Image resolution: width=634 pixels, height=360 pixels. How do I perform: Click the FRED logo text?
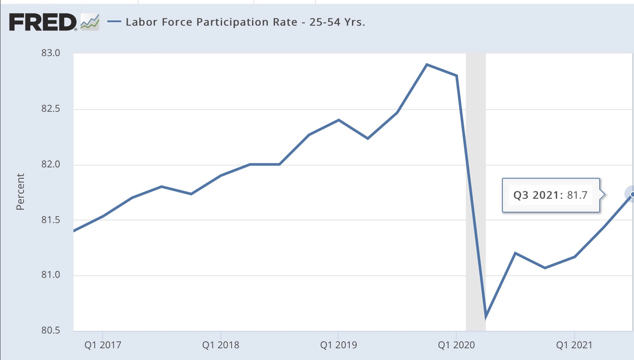pos(42,22)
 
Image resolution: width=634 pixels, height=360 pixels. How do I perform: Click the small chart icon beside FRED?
pos(90,23)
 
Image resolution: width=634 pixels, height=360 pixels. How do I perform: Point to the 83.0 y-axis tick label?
pos(51,53)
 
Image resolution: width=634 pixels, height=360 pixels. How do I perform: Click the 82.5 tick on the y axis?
pos(51,109)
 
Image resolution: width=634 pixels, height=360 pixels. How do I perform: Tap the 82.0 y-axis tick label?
pos(51,165)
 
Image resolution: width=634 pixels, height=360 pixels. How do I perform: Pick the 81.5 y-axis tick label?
pos(51,220)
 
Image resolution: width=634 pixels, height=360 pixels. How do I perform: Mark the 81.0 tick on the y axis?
pos(51,275)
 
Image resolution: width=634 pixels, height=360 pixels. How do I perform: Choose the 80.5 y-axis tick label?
pos(51,331)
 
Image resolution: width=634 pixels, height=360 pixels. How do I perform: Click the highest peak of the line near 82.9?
pos(427,64)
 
